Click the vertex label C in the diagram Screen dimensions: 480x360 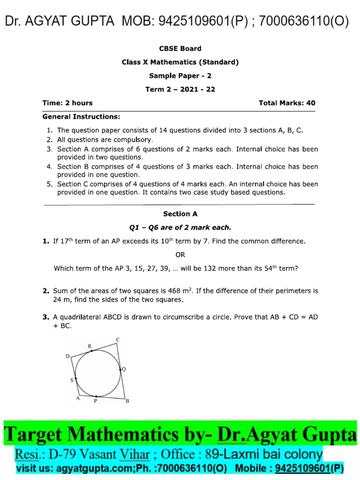point(118,339)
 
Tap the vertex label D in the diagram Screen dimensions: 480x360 point(67,357)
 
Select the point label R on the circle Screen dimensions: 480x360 point(90,346)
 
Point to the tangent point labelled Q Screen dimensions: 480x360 point(124,369)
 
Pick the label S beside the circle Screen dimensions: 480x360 point(72,380)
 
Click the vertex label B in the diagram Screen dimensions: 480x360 point(127,401)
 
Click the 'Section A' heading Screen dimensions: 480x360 point(180,214)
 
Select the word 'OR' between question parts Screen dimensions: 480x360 point(180,255)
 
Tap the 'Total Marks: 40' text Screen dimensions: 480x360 point(287,103)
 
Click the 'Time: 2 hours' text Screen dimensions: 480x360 point(67,103)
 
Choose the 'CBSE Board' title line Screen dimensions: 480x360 point(180,48)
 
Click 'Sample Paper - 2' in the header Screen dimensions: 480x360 point(180,75)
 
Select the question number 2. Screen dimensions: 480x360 point(45,291)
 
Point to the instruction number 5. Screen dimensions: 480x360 point(49,184)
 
